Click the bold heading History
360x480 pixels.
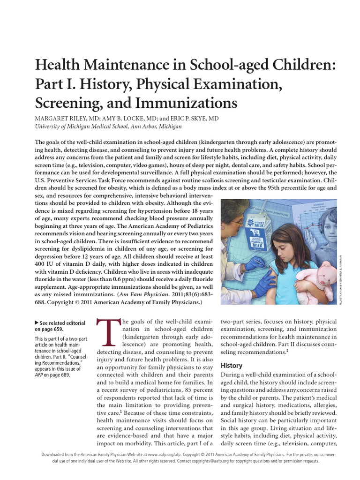(x=231, y=365)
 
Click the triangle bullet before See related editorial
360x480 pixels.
(x=37, y=323)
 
